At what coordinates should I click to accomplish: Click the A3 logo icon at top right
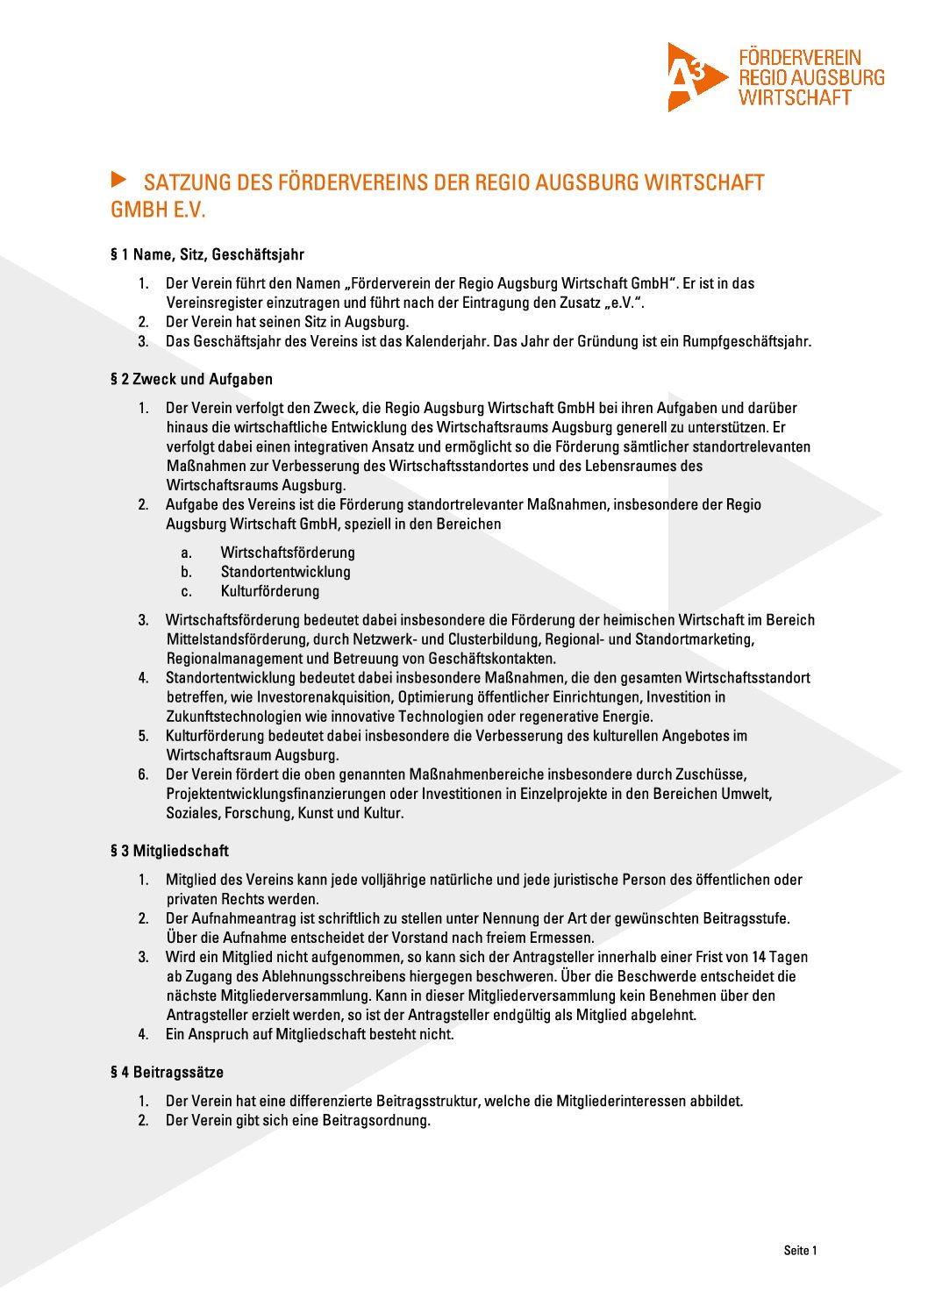[696, 77]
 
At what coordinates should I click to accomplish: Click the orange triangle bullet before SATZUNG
[119, 180]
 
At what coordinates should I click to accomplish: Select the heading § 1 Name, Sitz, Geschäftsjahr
[207, 255]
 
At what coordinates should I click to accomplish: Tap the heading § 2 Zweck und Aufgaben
[191, 380]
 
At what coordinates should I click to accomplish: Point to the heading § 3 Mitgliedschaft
[169, 851]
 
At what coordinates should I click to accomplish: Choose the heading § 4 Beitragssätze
[167, 1072]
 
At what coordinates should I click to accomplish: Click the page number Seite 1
[800, 1251]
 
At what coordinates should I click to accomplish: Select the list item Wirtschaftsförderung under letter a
[288, 553]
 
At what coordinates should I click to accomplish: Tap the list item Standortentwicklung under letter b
[285, 572]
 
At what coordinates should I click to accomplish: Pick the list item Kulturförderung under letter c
[270, 591]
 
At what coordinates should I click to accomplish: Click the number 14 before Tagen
[760, 957]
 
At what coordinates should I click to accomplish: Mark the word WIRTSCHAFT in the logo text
[795, 98]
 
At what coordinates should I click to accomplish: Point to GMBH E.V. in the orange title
[158, 211]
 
